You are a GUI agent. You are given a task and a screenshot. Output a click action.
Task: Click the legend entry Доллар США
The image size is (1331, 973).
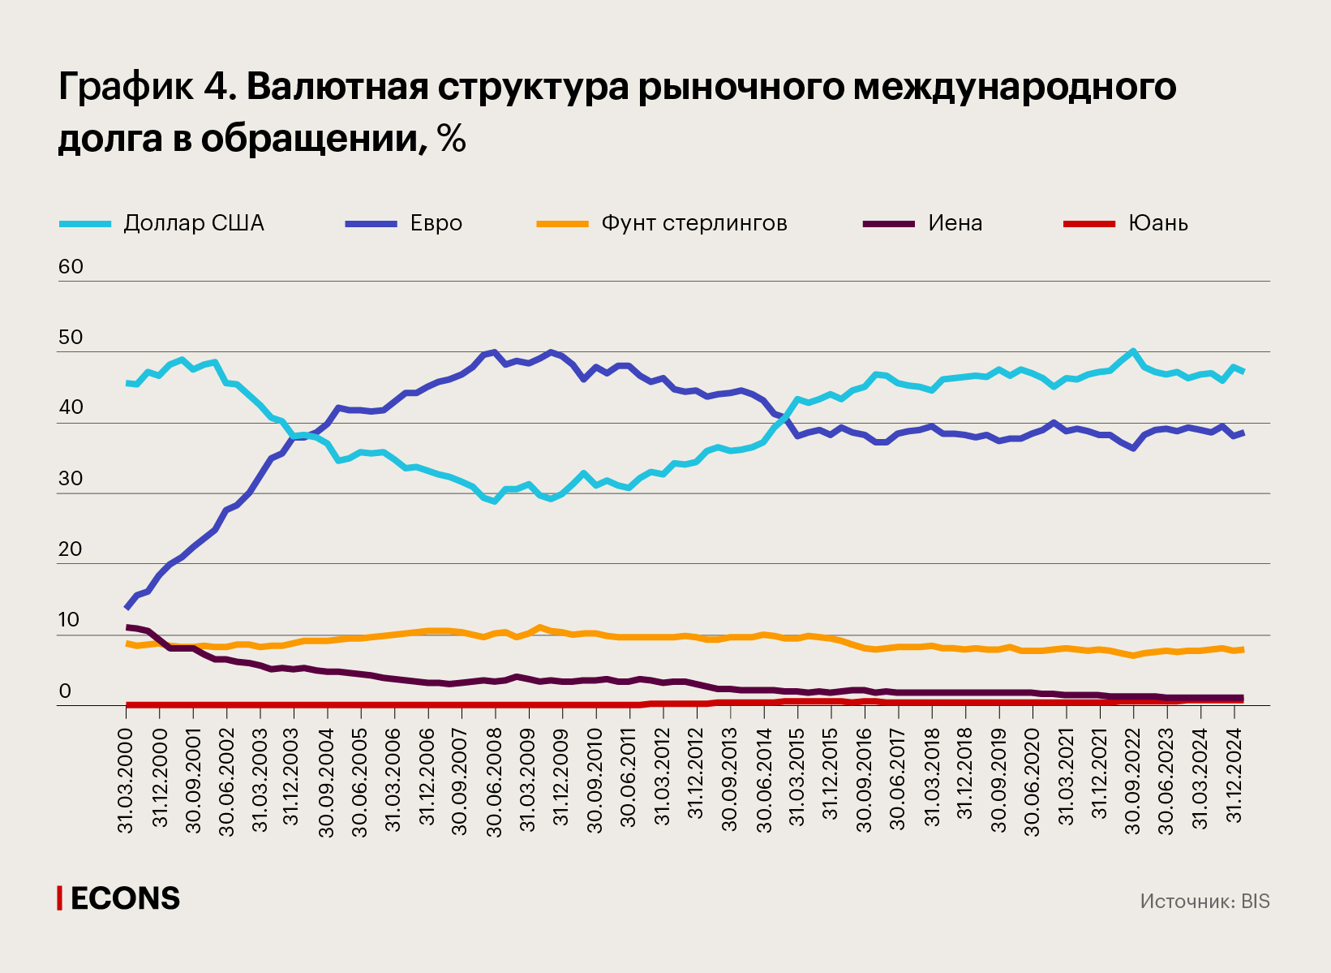click(193, 223)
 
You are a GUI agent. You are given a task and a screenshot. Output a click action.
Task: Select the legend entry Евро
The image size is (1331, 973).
click(436, 223)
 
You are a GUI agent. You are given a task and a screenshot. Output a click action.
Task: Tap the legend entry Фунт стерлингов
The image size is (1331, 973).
click(693, 223)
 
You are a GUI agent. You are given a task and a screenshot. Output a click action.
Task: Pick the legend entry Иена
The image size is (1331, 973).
click(955, 223)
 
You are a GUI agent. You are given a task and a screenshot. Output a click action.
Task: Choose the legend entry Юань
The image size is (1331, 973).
click(1157, 223)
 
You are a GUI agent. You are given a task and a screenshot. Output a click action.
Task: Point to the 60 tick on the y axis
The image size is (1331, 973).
click(71, 267)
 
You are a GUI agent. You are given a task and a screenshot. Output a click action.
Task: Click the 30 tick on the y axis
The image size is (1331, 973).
click(71, 479)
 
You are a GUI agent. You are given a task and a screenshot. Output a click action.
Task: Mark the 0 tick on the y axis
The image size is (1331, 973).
click(65, 691)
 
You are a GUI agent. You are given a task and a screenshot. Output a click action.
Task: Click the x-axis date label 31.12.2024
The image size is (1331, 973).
click(1234, 771)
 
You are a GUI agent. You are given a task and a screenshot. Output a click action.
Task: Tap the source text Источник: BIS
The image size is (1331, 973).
click(1204, 902)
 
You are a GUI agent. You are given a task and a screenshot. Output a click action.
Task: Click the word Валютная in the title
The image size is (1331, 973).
click(337, 86)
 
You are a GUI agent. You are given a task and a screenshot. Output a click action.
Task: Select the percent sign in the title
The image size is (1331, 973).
click(452, 139)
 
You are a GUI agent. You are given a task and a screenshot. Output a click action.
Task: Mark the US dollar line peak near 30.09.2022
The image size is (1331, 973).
click(1132, 351)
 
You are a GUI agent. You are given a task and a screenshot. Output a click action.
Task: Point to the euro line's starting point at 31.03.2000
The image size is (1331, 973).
click(127, 608)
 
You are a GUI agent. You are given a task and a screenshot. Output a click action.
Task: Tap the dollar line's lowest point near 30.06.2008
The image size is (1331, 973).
click(495, 502)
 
